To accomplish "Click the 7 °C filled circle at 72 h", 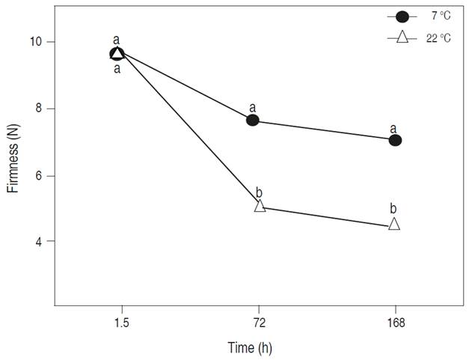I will [x=253, y=120].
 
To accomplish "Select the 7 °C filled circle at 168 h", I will [x=395, y=140].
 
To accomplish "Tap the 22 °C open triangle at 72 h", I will [x=260, y=206].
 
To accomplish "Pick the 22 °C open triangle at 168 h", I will [x=394, y=224].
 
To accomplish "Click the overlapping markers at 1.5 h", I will [x=117, y=53].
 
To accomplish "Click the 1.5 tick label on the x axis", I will [x=121, y=323].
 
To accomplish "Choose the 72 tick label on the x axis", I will [x=258, y=323].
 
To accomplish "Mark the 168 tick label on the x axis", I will [x=395, y=323].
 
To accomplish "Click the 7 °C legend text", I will [x=439, y=16].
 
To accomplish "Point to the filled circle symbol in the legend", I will [x=402, y=16].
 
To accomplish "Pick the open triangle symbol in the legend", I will [x=402, y=37].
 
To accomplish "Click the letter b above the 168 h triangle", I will [x=393, y=207].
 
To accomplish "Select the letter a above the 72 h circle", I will [x=253, y=106].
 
